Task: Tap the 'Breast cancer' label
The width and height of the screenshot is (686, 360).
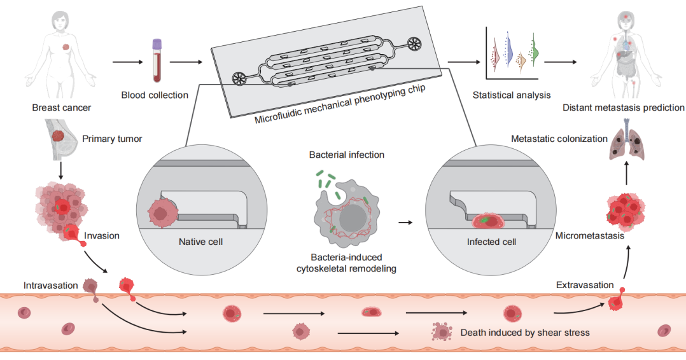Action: [x=61, y=107]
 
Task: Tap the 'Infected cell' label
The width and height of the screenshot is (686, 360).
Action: [x=491, y=242]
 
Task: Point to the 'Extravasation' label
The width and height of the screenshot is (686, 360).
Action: [x=585, y=284]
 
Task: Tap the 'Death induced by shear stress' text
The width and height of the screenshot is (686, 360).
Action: [x=524, y=332]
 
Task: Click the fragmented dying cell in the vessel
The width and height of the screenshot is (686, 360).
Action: [x=441, y=331]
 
